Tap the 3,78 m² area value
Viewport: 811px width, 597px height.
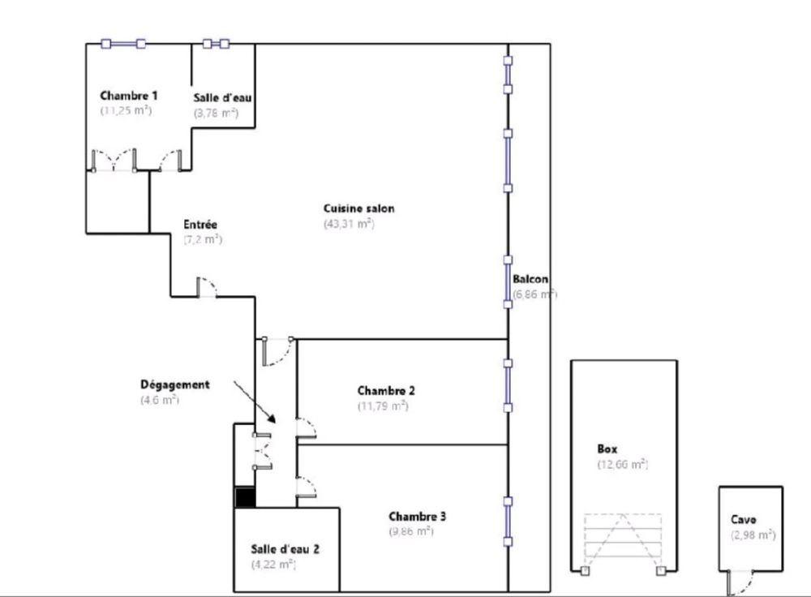(x=216, y=114)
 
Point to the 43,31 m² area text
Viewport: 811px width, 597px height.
(x=349, y=224)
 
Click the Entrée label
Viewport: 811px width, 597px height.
(x=200, y=224)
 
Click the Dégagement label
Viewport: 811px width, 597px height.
(x=174, y=384)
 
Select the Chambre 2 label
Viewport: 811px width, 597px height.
(x=386, y=390)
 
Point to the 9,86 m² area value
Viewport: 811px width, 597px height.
(x=411, y=531)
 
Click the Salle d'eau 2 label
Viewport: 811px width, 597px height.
(x=285, y=548)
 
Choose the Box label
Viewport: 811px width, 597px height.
(x=608, y=449)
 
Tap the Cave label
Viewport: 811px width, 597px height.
(x=744, y=520)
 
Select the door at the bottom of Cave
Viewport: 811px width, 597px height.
(x=739, y=582)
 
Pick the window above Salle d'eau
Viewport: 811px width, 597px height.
(x=217, y=44)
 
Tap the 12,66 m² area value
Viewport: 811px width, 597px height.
(x=622, y=464)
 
